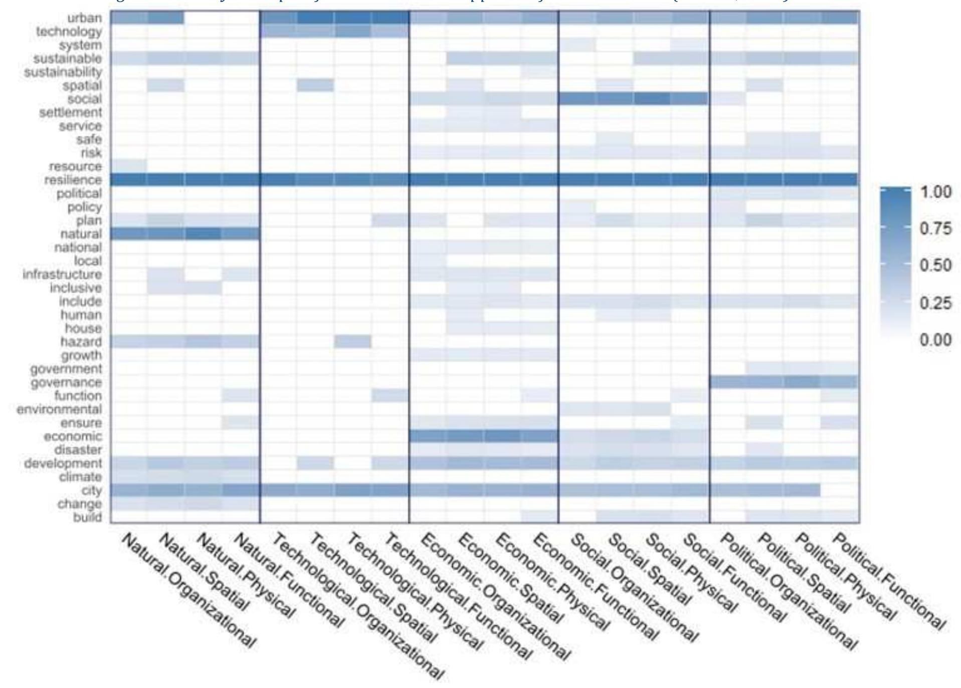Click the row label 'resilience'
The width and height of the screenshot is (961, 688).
point(73,180)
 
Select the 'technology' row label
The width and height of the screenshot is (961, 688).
point(69,32)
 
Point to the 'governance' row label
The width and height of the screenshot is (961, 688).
point(66,383)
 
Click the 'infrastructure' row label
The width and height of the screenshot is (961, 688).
point(62,275)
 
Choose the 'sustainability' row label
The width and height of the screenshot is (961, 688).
point(63,72)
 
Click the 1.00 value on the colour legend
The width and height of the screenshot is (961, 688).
point(935,192)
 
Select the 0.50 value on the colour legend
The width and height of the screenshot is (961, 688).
point(935,266)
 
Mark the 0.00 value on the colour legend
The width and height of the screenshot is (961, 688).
point(935,340)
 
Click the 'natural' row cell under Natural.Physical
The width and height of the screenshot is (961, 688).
point(203,234)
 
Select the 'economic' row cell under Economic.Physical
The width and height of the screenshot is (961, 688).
point(502,436)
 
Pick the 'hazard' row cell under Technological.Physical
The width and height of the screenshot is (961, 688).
point(353,342)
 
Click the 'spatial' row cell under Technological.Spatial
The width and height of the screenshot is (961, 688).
point(315,86)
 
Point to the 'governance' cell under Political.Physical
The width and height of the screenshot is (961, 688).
point(802,383)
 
